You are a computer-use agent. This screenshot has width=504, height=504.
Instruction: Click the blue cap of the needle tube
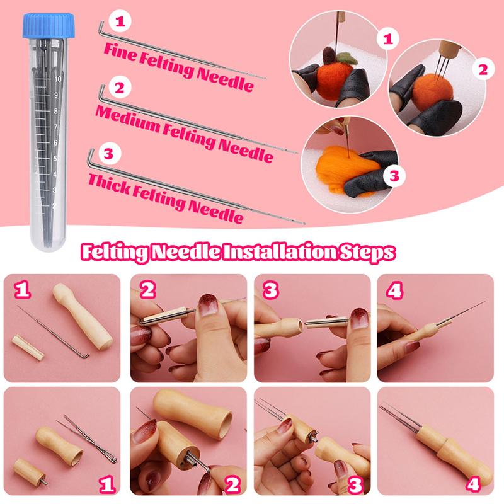[49, 25]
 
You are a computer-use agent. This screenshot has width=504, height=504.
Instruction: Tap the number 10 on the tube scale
[58, 79]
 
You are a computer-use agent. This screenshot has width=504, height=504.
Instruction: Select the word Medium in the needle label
[128, 117]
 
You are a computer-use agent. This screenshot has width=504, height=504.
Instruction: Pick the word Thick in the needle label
[108, 183]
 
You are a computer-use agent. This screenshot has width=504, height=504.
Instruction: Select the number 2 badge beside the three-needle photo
[483, 70]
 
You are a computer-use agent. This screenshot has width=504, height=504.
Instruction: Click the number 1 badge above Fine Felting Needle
[120, 21]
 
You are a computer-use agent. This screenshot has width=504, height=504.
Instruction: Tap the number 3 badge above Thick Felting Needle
[109, 154]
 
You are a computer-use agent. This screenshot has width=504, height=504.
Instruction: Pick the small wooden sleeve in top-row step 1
[28, 348]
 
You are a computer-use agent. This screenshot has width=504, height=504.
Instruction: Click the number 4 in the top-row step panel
[394, 291]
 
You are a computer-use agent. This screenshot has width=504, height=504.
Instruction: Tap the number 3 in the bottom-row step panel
[355, 484]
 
